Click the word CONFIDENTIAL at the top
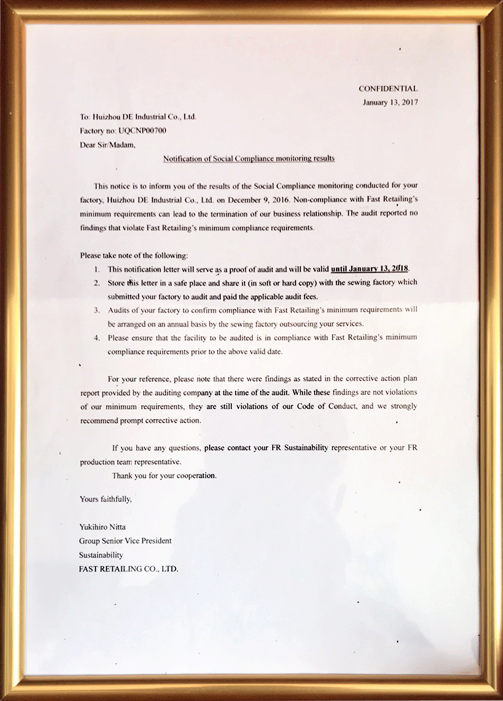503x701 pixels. (x=388, y=89)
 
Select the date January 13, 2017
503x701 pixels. (x=390, y=102)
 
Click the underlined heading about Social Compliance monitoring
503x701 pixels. (x=248, y=158)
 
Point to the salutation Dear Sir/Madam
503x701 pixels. (x=108, y=144)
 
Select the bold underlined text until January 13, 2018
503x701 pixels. (x=370, y=269)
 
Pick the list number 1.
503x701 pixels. (x=97, y=269)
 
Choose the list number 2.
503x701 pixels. (x=97, y=283)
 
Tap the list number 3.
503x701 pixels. (x=97, y=310)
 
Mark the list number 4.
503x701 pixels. (x=97, y=337)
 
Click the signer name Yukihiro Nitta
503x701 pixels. (x=102, y=527)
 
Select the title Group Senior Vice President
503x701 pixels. (x=125, y=541)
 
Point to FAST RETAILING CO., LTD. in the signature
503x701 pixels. (x=129, y=569)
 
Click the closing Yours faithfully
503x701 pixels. (x=106, y=499)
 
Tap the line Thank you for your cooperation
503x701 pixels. (x=164, y=475)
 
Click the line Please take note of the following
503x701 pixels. (x=134, y=255)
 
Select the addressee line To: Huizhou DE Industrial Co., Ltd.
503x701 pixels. (x=138, y=116)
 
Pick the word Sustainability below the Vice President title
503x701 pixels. (x=101, y=555)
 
